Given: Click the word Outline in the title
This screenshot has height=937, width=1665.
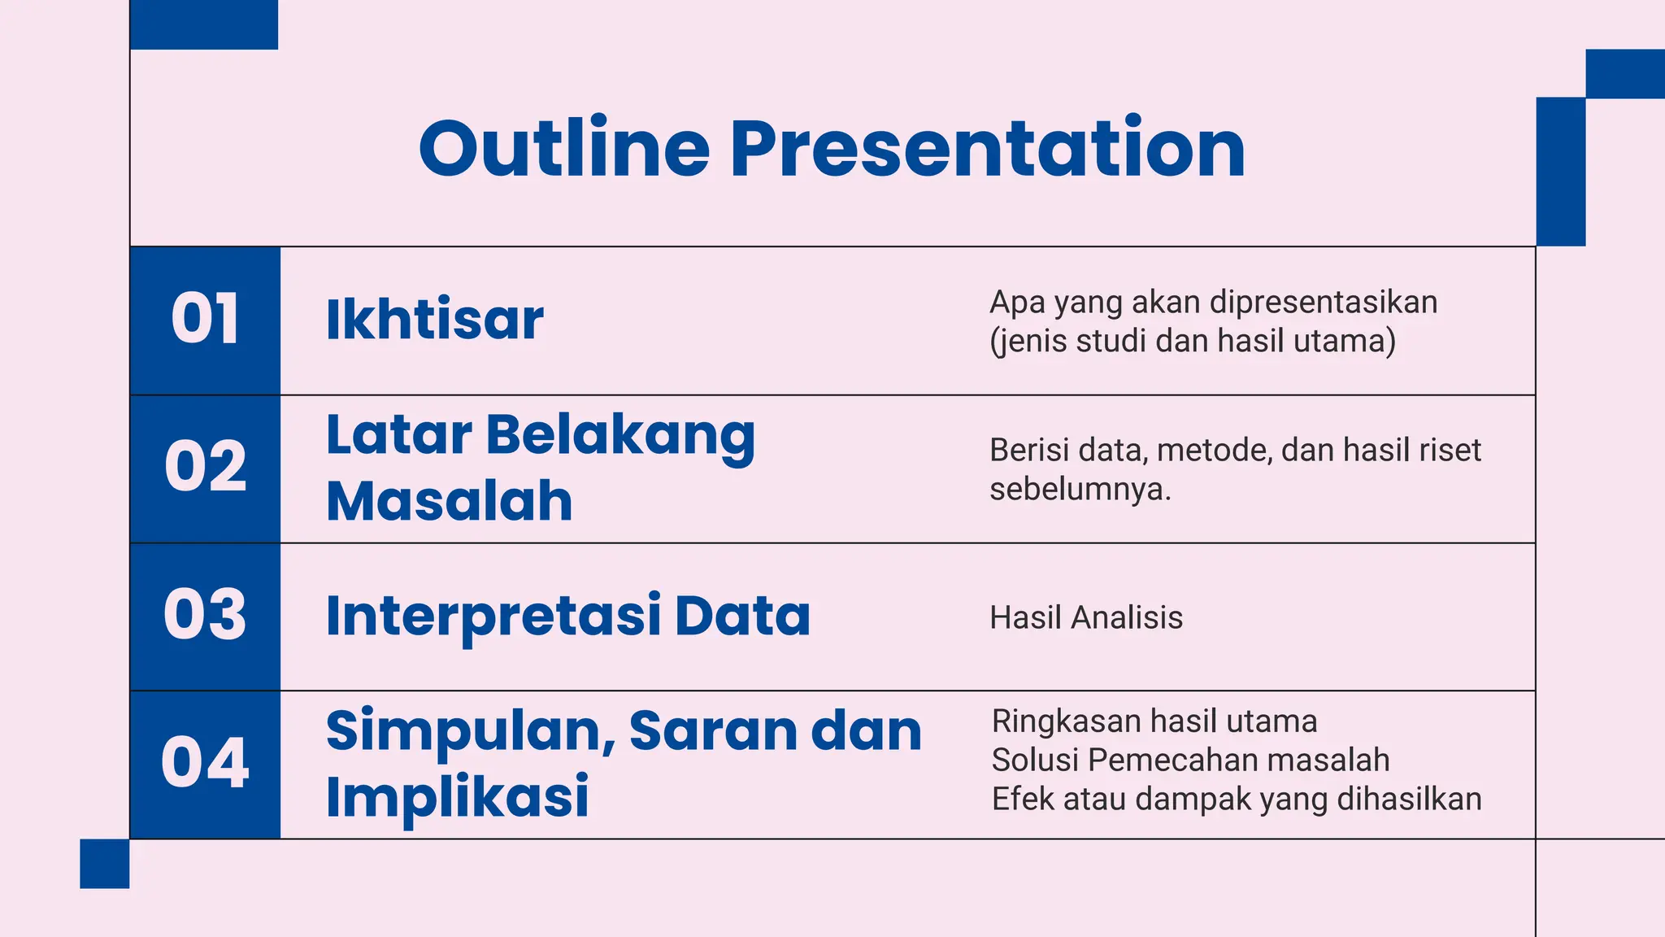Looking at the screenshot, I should [564, 149].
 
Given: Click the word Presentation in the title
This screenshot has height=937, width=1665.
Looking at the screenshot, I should [987, 149].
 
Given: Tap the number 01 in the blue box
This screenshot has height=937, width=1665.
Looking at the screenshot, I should [205, 320].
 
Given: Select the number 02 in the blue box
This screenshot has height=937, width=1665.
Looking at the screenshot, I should [205, 468].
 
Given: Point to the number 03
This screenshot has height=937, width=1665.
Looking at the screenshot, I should [205, 616].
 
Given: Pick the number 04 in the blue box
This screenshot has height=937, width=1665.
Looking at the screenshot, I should [205, 763].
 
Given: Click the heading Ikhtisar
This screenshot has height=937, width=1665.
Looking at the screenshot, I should [434, 320].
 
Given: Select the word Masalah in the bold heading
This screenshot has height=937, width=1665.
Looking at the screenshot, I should [449, 501].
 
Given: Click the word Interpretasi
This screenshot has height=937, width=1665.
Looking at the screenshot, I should [493, 617].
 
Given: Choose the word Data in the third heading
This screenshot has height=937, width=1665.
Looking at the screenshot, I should [742, 616].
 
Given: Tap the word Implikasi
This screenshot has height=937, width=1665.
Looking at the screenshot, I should [457, 797].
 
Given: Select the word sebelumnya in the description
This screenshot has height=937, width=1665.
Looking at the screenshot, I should [1078, 490].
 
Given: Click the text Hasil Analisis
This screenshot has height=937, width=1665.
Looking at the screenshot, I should [1085, 618].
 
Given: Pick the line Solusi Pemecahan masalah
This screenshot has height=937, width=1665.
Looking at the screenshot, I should [1190, 760].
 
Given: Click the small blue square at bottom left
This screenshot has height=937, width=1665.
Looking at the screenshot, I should [104, 864].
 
